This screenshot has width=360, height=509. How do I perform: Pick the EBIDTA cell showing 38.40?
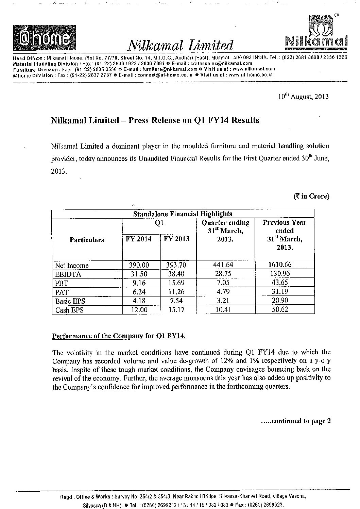[177, 274]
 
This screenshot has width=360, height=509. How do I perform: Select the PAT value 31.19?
[285, 292]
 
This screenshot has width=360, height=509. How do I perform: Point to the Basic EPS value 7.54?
[177, 301]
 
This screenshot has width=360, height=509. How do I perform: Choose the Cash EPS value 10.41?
[225, 310]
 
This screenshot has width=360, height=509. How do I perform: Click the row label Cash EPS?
[69, 310]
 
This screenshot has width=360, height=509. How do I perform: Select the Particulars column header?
[87, 240]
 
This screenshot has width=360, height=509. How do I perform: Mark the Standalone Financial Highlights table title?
[183, 214]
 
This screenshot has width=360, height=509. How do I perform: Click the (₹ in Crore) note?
[311, 196]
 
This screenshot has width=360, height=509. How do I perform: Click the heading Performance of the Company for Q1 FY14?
[119, 336]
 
